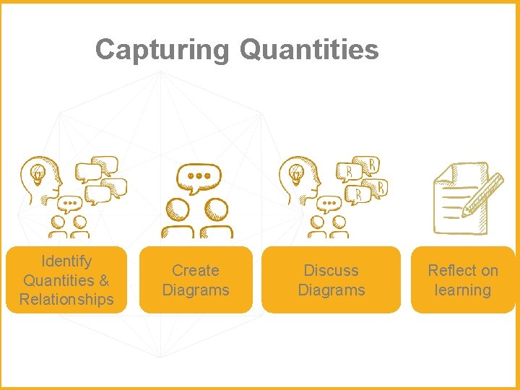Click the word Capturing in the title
(x=161, y=50)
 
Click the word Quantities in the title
(x=308, y=50)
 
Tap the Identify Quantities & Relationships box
(x=66, y=279)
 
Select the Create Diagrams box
(x=196, y=279)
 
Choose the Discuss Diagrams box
(x=331, y=279)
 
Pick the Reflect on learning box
(x=463, y=279)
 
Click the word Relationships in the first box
(x=66, y=299)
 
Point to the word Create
(x=196, y=270)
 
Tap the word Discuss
(x=331, y=270)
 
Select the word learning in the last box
(x=463, y=290)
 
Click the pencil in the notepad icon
(x=483, y=195)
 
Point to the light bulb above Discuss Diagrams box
(x=296, y=173)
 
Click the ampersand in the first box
(x=103, y=280)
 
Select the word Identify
(x=66, y=261)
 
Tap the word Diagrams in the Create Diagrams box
(x=196, y=290)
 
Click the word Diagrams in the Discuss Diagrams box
(x=331, y=290)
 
